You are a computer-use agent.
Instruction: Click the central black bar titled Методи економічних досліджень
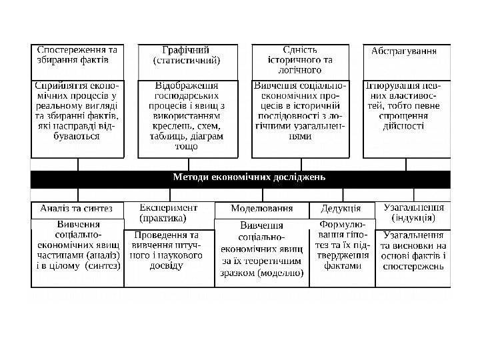click(249, 177)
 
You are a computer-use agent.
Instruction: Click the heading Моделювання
click(261, 209)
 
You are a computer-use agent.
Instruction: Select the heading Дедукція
click(341, 209)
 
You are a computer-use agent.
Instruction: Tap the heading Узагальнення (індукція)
click(414, 213)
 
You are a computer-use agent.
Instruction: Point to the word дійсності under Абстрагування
click(403, 125)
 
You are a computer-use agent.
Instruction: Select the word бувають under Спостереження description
click(75, 135)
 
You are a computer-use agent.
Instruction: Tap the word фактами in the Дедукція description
click(342, 266)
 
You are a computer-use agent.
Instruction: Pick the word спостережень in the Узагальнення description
click(412, 267)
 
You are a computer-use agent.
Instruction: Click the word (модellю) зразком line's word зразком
click(241, 273)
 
